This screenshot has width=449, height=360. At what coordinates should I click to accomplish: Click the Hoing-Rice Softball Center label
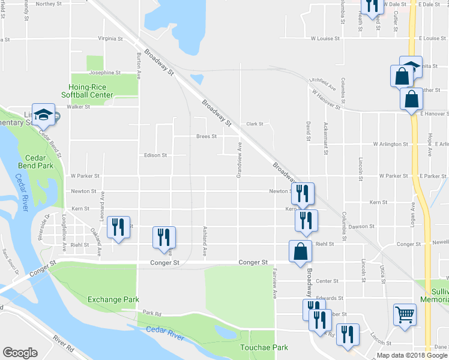point(87,90)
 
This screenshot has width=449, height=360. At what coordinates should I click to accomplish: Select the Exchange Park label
point(113,299)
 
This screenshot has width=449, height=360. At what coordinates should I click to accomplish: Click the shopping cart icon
point(405,314)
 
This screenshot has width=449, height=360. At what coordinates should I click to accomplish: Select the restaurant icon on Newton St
point(303,193)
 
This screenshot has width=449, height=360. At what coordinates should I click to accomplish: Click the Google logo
point(20,353)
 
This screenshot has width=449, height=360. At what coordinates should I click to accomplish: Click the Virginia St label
point(110,38)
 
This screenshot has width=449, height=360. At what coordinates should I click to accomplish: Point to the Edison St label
point(155,155)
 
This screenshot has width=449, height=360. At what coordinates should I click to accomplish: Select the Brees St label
point(206,136)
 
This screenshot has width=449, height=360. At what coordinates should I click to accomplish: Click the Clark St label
point(255,124)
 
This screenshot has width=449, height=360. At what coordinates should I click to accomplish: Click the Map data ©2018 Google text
point(411,355)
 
